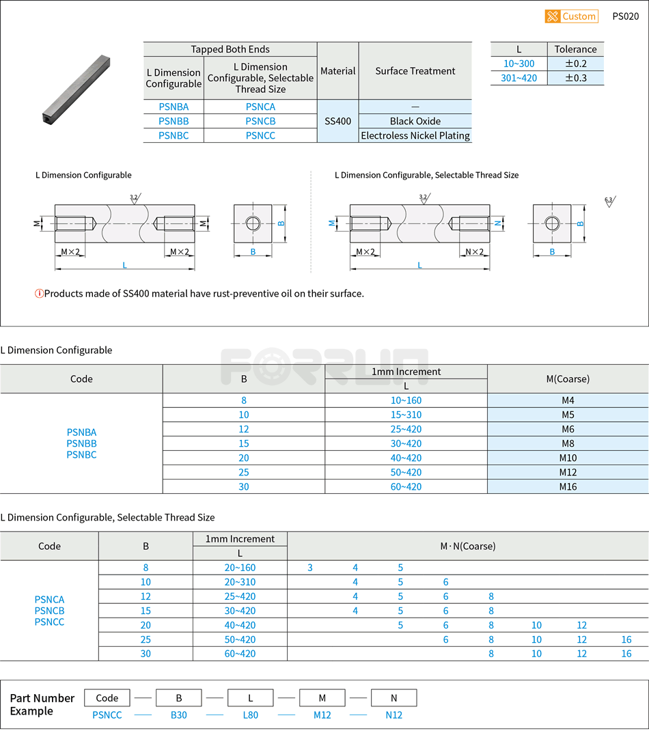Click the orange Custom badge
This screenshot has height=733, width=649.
tap(571, 16)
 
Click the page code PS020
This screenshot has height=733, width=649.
tap(625, 16)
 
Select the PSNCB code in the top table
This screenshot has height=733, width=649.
tap(260, 121)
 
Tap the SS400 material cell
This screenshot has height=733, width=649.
tap(337, 121)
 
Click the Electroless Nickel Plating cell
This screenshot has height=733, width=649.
tap(415, 135)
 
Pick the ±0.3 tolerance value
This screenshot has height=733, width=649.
tap(575, 78)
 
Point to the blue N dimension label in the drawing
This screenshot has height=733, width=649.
tap(498, 223)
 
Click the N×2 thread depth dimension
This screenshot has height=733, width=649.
tap(474, 252)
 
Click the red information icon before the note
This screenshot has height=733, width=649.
tap(39, 294)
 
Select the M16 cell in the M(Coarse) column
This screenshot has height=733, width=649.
tap(568, 486)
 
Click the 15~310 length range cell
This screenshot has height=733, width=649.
tap(406, 415)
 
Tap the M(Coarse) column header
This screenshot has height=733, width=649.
tap(568, 378)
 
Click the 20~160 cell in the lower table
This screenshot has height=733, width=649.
tap(240, 568)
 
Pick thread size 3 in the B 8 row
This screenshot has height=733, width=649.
tap(310, 568)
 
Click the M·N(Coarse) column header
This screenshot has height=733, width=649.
tap(467, 546)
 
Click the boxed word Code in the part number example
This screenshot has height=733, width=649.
tap(107, 697)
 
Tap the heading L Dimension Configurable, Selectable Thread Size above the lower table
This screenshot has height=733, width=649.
tap(107, 517)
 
